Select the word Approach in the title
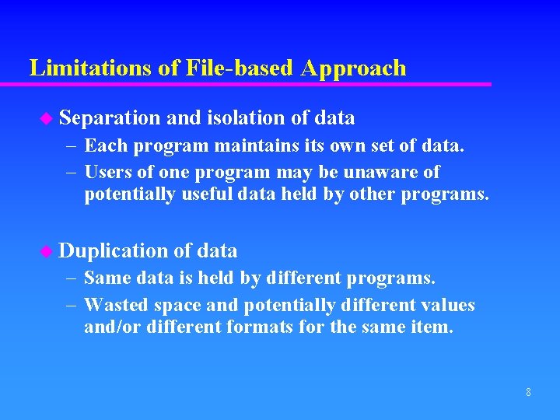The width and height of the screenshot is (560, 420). [353, 68]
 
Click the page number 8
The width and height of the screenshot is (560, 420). [528, 392]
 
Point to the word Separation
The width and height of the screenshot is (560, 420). [110, 118]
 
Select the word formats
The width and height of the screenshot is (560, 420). [261, 327]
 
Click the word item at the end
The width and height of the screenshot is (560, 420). [431, 327]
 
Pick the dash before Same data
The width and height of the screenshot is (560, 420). [70, 278]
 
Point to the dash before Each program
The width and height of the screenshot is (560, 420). [70, 145]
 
